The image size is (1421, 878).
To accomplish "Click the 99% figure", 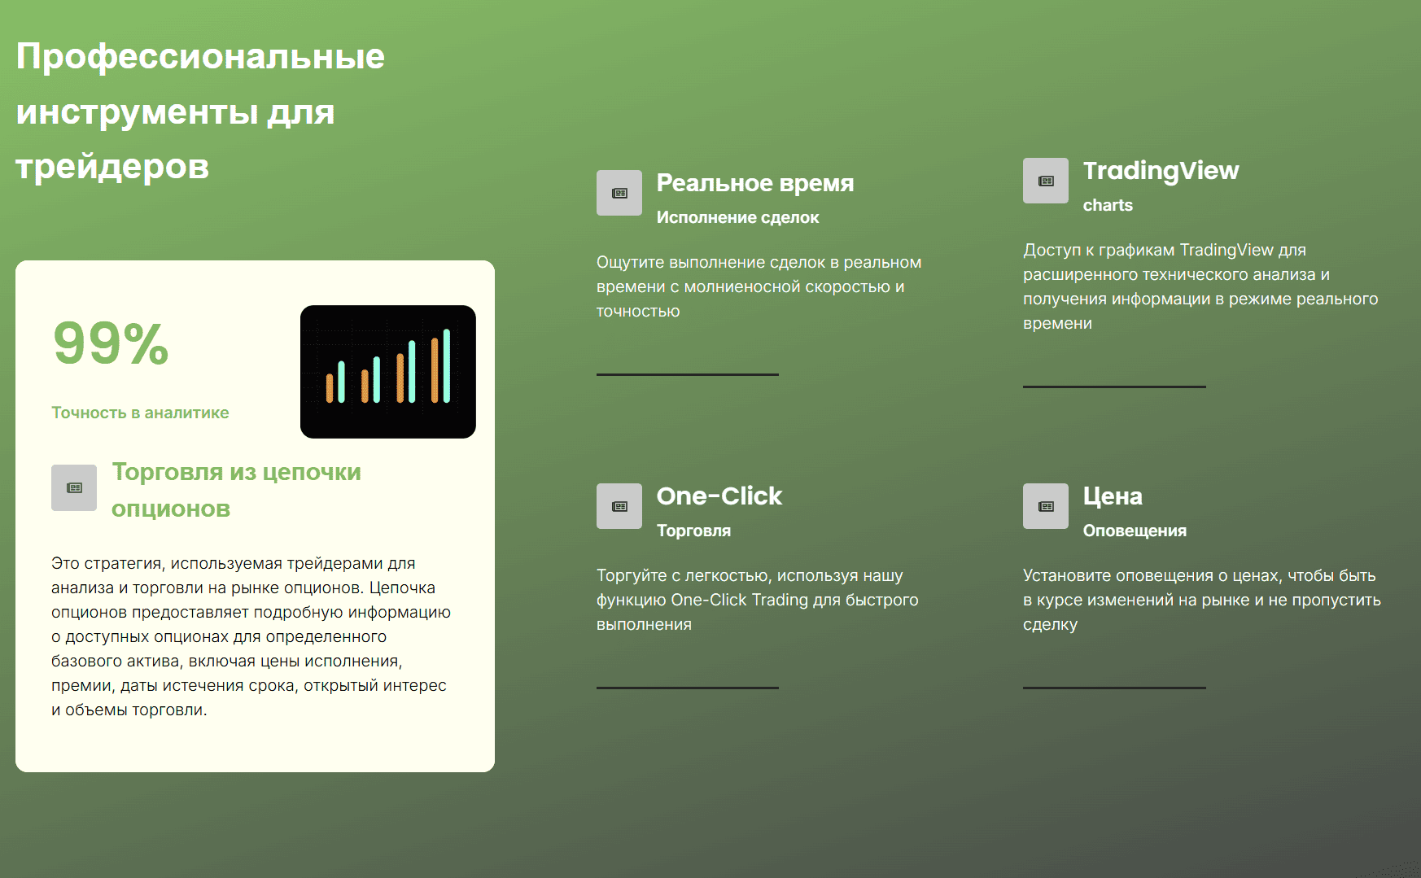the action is [x=111, y=343].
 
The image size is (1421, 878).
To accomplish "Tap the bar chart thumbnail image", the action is [x=388, y=372].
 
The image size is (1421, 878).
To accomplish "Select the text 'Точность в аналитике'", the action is [x=140, y=413].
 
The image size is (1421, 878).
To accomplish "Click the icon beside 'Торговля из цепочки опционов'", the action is [x=74, y=487].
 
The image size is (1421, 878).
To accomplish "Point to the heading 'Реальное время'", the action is [x=755, y=183].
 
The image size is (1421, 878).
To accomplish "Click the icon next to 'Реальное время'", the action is [x=619, y=193].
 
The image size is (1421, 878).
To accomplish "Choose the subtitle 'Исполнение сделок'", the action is [x=737, y=217].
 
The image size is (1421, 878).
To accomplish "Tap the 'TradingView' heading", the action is [x=1161, y=171].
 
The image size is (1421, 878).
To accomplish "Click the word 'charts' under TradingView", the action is [x=1108, y=205].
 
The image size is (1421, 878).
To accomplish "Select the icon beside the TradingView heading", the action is [x=1046, y=181].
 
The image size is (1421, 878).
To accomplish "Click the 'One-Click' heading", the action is [x=719, y=496].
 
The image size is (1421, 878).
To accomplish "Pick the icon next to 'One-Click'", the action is [x=619, y=506].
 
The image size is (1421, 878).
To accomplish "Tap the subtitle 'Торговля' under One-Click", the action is [x=693, y=531].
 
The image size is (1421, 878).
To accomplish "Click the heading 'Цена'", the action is [x=1113, y=496].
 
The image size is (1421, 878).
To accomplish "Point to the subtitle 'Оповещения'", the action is [x=1135, y=531].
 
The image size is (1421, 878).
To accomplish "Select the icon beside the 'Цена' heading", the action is [x=1046, y=506].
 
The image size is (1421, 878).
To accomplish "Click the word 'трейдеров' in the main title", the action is [x=112, y=167].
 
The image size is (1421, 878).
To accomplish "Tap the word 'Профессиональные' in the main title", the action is [x=200, y=57].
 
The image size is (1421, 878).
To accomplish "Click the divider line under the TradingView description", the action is [x=1114, y=387].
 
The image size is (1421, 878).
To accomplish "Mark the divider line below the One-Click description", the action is [x=688, y=688].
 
